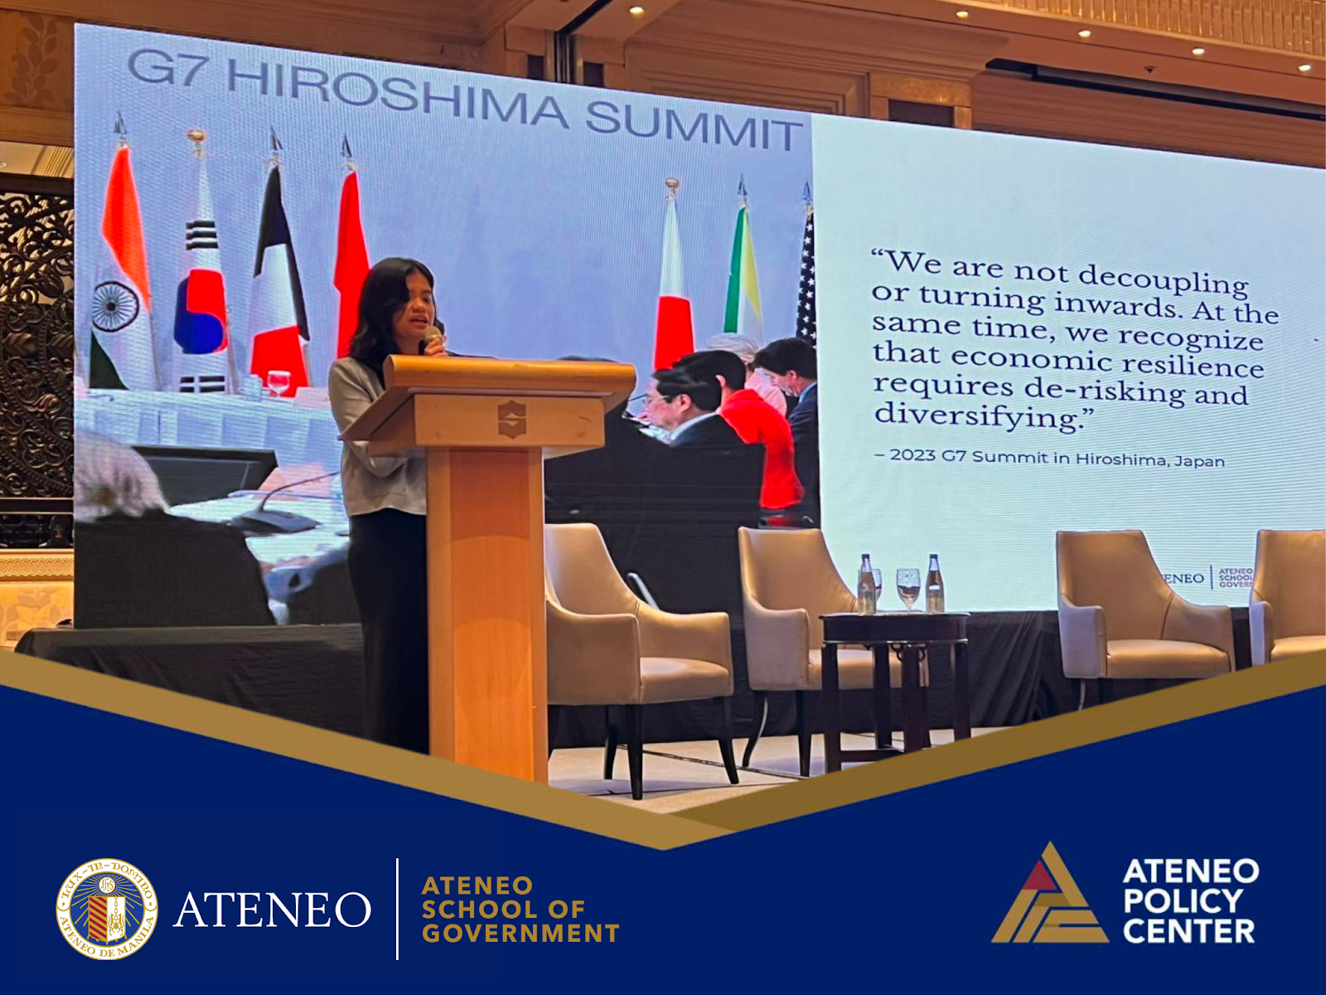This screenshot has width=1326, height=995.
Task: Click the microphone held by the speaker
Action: tap(432, 336)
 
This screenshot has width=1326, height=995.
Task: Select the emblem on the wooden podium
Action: tap(511, 419)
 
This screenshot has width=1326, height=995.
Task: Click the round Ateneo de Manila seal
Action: tap(107, 909)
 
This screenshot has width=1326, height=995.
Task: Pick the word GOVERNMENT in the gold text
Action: tap(520, 934)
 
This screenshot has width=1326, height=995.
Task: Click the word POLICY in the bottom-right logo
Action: tap(1183, 900)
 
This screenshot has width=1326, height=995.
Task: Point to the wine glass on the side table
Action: tap(907, 585)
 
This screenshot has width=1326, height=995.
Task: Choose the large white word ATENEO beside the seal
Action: tap(272, 910)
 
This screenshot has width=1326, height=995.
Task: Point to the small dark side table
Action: tap(895, 663)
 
